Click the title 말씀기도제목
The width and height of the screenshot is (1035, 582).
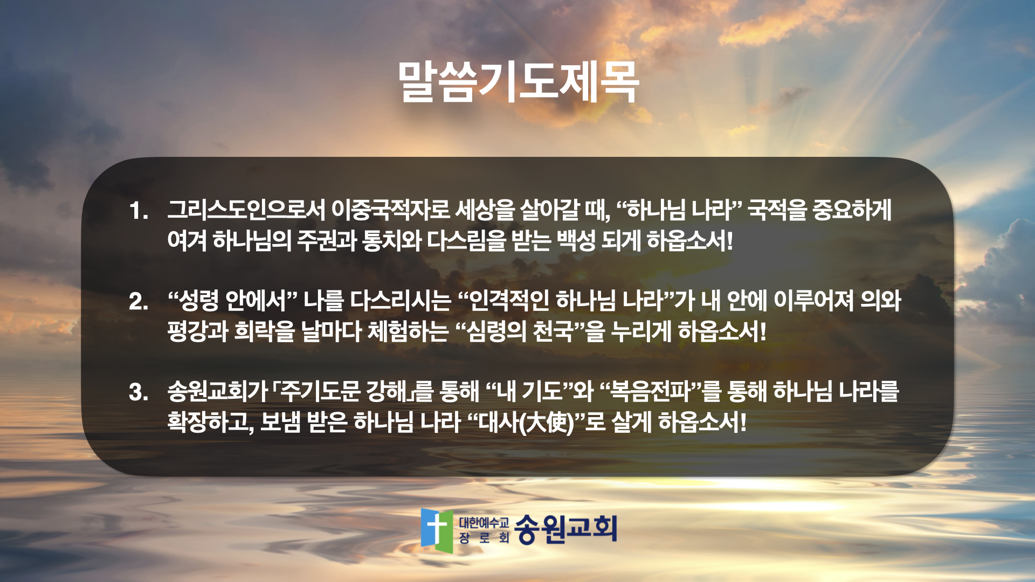tap(518, 82)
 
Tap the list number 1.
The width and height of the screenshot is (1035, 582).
tap(139, 211)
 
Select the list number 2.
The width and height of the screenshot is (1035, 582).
tap(139, 301)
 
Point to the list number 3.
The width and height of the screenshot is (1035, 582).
tap(139, 392)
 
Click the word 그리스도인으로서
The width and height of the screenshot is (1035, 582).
tap(246, 210)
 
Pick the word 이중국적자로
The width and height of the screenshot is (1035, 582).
tap(391, 210)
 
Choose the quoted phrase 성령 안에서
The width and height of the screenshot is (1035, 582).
tap(233, 300)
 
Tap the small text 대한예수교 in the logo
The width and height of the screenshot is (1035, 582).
tap(484, 522)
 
